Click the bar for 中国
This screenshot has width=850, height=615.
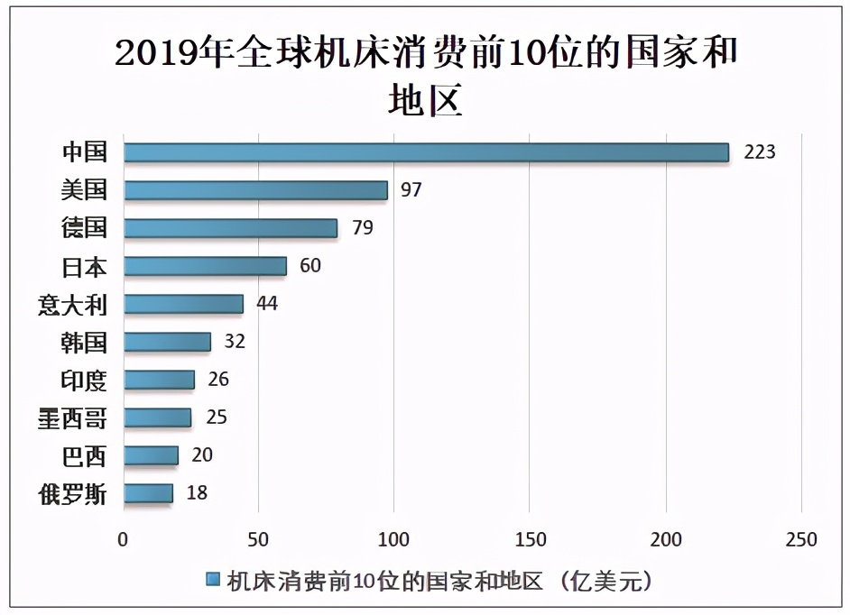coord(426,152)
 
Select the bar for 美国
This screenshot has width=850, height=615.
coord(255,190)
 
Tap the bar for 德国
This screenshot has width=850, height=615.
coord(230,228)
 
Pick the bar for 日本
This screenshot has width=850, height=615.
coord(205,266)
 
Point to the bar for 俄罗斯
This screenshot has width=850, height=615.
coord(148,493)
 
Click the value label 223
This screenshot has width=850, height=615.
coord(759,151)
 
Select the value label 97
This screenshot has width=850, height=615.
coord(411,189)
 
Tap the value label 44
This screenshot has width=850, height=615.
coord(266,303)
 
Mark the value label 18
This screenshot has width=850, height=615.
coord(196,492)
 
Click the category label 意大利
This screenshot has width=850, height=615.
coord(72,305)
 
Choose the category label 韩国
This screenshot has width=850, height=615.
coord(85,343)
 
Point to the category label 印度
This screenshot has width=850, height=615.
coord(85,381)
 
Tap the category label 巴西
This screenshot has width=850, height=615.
coord(85,456)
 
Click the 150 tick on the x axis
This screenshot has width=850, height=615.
coord(531,540)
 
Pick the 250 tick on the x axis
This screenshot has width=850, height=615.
coord(801,540)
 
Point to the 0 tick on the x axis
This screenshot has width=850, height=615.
coord(124,540)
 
